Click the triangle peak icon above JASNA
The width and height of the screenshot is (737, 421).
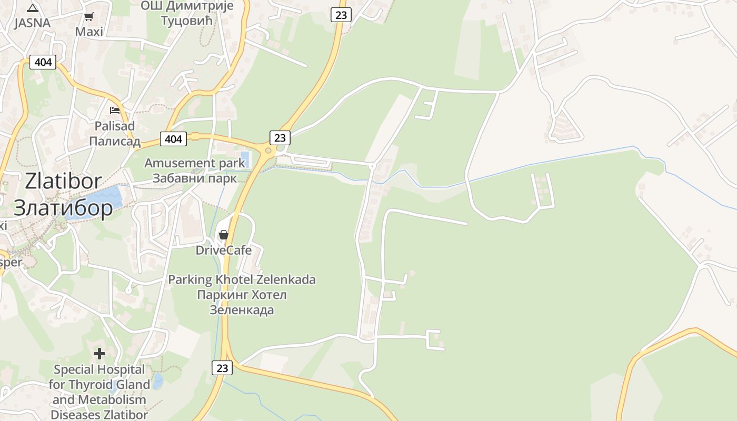[33, 8]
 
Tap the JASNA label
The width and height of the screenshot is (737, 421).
[32, 23]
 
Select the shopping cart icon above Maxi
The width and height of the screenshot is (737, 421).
[89, 17]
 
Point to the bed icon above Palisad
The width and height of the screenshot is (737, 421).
[115, 110]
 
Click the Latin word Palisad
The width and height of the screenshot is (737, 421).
[114, 126]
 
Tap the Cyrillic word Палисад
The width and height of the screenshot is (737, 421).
[114, 141]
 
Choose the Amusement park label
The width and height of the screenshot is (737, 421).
[195, 163]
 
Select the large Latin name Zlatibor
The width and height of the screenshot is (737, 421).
[63, 181]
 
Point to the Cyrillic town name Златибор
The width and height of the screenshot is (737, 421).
[63, 208]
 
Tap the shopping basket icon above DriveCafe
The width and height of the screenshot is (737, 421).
[224, 235]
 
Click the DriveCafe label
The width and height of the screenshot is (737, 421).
[224, 250]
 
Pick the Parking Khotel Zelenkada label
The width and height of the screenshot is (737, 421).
[242, 279]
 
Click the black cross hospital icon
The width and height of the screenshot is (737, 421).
[99, 354]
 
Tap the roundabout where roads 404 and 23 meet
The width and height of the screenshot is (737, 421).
[268, 151]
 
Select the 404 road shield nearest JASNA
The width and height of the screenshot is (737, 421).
[43, 62]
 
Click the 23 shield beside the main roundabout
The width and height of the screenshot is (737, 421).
[280, 138]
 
